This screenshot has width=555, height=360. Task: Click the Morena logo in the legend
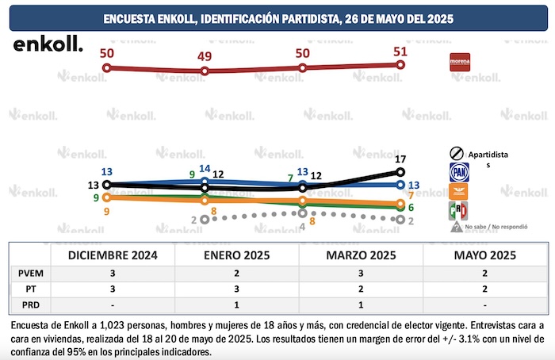tap(461, 62)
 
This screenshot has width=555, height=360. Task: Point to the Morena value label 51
tap(400, 52)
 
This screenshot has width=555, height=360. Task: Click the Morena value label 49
tap(205, 57)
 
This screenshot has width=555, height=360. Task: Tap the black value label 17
tap(400, 159)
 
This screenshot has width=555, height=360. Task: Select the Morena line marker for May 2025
tap(400, 65)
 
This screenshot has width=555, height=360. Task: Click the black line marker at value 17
tap(400, 171)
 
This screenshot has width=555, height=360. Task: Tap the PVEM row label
tap(26, 272)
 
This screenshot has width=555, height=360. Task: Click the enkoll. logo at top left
tap(48, 44)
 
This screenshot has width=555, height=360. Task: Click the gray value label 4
tap(302, 226)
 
